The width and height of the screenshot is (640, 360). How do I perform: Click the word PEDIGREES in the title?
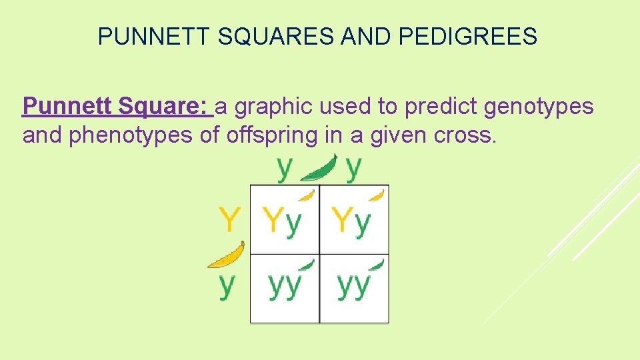click(469, 37)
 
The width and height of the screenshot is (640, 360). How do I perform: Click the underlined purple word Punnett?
click(67, 105)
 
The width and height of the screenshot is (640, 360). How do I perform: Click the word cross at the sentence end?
click(464, 136)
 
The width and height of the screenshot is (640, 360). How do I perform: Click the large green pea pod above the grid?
click(319, 170)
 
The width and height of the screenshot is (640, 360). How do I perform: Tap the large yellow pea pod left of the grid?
click(227, 255)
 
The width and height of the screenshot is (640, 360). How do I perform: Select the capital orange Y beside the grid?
click(229, 219)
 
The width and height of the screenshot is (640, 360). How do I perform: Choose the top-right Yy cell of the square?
click(354, 220)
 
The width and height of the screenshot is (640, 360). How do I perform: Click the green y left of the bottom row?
click(227, 285)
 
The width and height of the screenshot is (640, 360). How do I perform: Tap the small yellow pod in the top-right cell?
click(377, 195)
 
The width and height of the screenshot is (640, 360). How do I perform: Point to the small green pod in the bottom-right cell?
click(377, 265)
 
